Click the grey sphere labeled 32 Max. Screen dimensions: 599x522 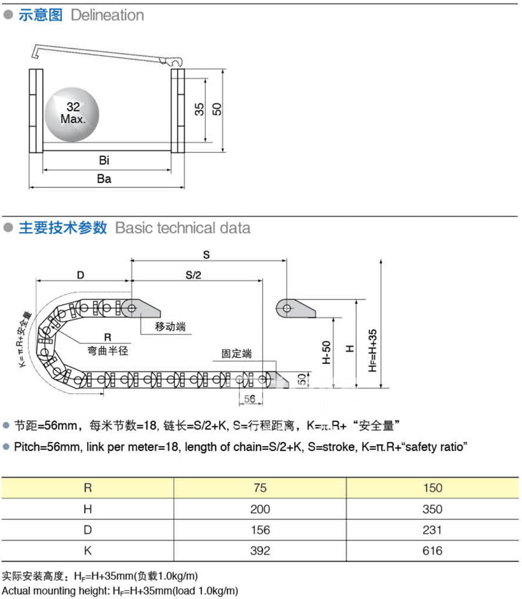72,113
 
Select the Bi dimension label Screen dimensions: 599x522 104,159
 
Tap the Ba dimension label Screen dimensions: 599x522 104,179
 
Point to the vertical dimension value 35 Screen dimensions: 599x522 199,109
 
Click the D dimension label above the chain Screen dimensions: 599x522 80,275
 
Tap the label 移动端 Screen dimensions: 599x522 171,327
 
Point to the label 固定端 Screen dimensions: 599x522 236,352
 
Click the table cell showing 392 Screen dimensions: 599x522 260,551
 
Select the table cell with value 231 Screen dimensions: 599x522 432,530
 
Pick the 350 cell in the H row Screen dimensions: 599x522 432,509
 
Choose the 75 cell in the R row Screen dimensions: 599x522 260,489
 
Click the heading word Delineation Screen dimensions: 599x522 107,15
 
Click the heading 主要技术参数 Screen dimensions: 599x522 62,228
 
